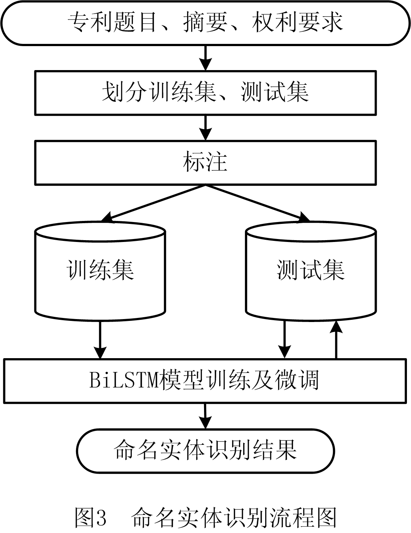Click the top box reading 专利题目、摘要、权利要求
pyautogui.click(x=205, y=23)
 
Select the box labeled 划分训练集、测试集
pyautogui.click(x=205, y=92)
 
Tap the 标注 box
pyautogui.click(x=205, y=162)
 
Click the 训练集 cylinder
pyautogui.click(x=100, y=271)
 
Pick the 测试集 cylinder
pyautogui.click(x=311, y=271)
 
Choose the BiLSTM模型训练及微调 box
pyautogui.click(x=205, y=380)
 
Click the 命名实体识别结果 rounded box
pyautogui.click(x=205, y=450)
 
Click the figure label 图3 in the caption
pyautogui.click(x=91, y=517)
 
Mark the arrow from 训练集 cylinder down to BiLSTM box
pyautogui.click(x=100, y=339)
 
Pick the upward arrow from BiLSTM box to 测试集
pyautogui.click(x=336, y=339)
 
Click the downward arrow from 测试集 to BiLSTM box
pyautogui.click(x=284, y=339)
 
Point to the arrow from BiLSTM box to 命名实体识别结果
pyautogui.click(x=205, y=415)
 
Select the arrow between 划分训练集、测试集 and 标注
pyautogui.click(x=205, y=127)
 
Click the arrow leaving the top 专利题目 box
pyautogui.click(x=205, y=58)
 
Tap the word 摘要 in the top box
pyautogui.click(x=205, y=23)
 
